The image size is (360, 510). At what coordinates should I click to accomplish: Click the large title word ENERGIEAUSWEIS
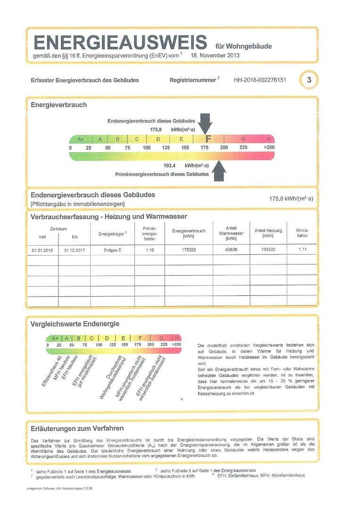pos(120,42)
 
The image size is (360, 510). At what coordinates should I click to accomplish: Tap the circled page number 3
pos(309,80)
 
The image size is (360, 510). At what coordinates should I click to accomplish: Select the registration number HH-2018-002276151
pos(260,80)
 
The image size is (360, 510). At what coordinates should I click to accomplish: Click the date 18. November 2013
pos(215,55)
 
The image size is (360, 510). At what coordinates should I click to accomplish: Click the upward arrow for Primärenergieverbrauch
pos(219,170)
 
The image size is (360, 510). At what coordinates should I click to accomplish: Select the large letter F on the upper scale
pos(208,139)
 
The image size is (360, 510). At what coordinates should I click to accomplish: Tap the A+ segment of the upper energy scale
pos(80,139)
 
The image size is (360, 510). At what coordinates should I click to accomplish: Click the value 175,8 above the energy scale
pos(156,129)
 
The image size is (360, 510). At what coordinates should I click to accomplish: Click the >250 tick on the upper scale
pos(269,147)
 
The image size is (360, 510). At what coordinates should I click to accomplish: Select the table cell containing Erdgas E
pos(112,249)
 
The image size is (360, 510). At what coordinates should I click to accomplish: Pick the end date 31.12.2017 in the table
pos(74,249)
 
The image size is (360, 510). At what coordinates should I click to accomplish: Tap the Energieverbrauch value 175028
pos(188,249)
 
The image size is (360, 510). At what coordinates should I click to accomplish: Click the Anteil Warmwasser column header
pos(231,233)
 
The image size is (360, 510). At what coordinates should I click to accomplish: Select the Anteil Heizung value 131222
pos(268,249)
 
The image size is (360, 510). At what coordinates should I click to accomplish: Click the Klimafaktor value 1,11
pos(302,249)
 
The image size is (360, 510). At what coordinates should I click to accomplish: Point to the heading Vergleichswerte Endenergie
pos(75,324)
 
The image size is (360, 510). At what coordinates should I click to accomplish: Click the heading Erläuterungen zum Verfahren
pos(77,428)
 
